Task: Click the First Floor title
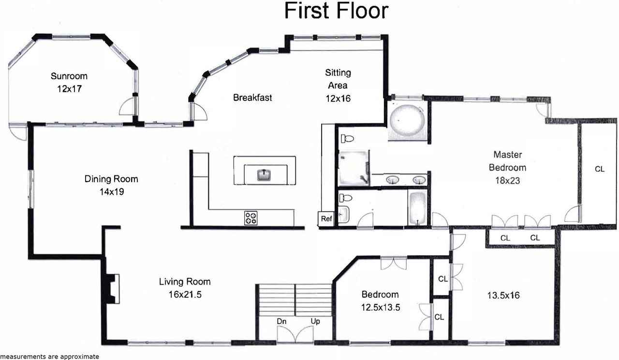click(x=336, y=11)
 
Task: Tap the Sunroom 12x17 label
click(x=69, y=82)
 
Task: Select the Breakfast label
click(x=252, y=98)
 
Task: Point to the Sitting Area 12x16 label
click(x=338, y=86)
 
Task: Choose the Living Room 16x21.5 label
click(x=185, y=288)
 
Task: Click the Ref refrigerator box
click(x=326, y=218)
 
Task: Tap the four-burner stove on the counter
click(x=251, y=217)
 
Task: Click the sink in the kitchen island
click(x=264, y=174)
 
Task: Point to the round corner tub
click(x=407, y=119)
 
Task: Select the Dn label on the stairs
click(x=283, y=321)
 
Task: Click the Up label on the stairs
click(x=314, y=321)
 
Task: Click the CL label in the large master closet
click(x=600, y=169)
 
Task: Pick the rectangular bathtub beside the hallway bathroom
click(x=417, y=209)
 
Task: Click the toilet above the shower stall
click(x=346, y=139)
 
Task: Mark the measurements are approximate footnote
click(x=50, y=357)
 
